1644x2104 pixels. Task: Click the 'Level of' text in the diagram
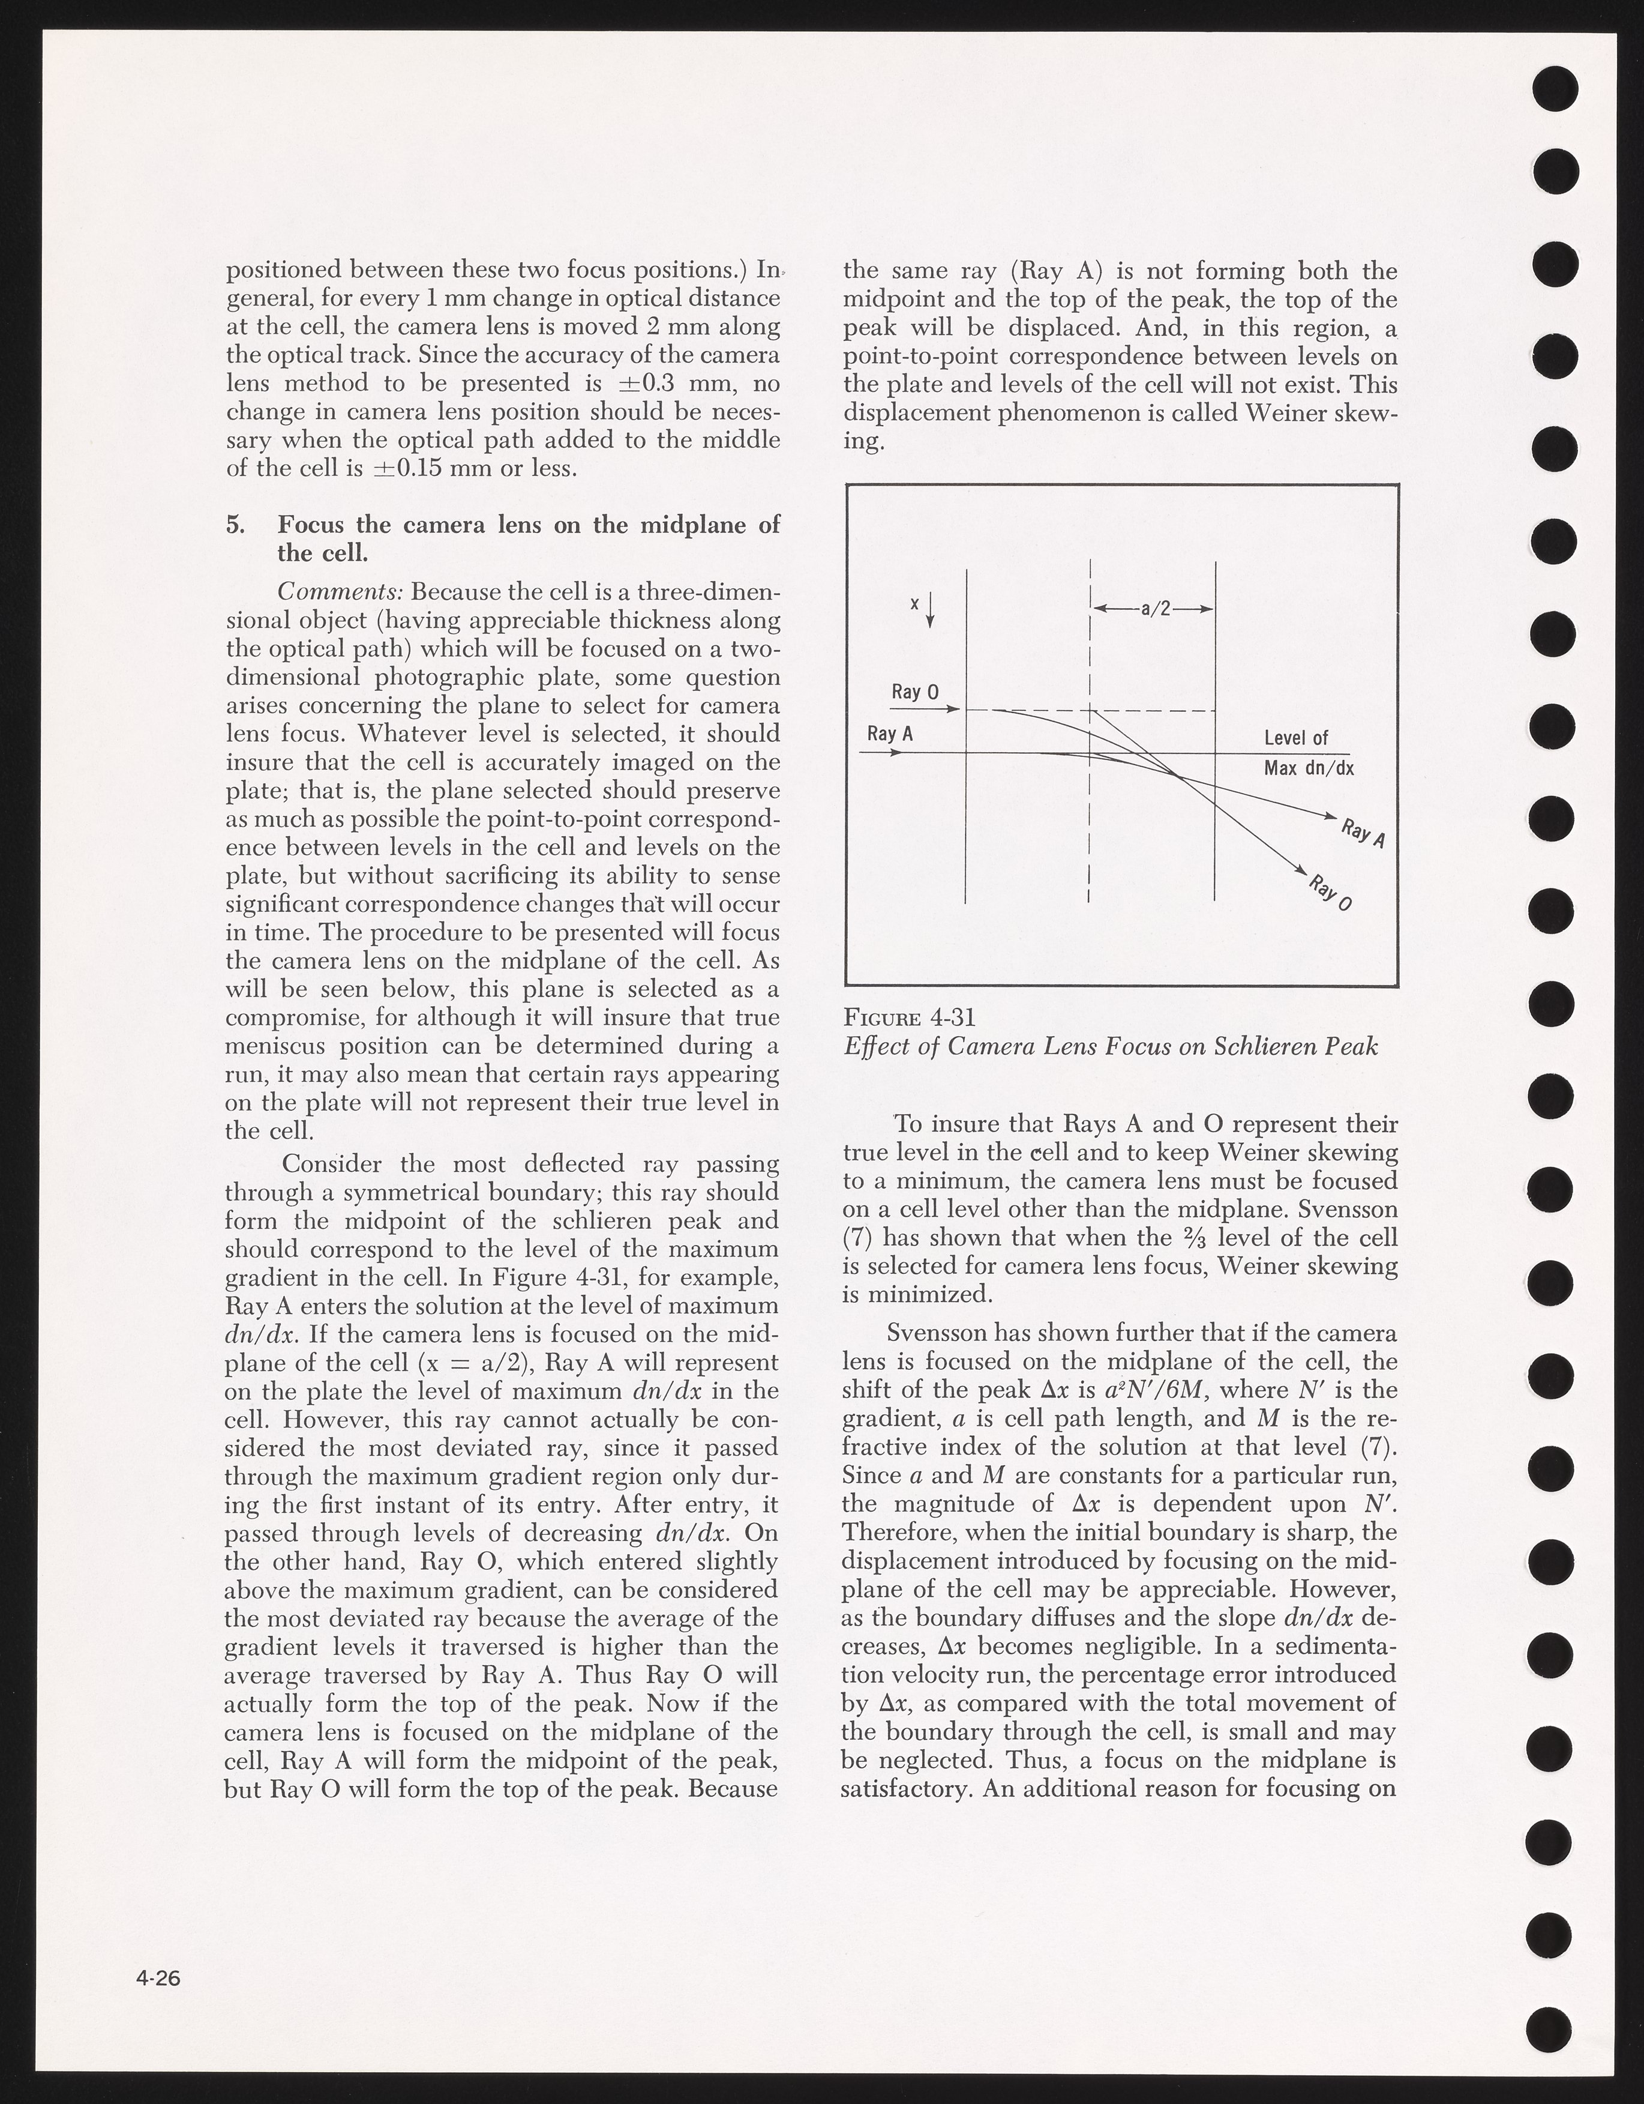1295,738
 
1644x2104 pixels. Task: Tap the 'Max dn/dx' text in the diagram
1309,769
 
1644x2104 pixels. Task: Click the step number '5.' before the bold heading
236,525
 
